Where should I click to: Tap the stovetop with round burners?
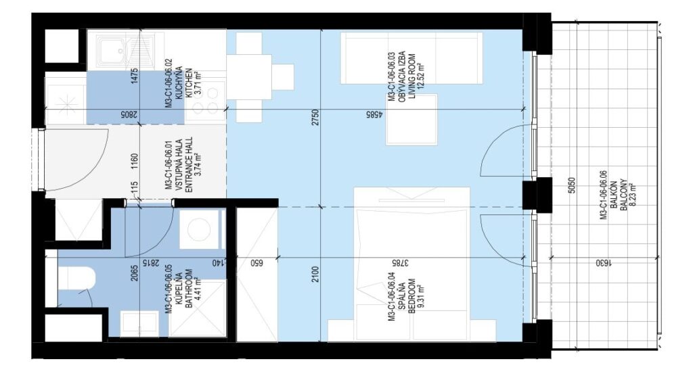(204, 101)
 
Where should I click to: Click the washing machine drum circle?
(200, 229)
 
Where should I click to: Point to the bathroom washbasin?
(139, 323)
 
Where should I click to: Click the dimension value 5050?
(571, 186)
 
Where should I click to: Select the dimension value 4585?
(374, 115)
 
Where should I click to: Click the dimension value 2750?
(315, 117)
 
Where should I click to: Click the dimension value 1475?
(135, 76)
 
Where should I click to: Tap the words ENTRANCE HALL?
(189, 164)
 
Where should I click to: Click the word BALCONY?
(623, 194)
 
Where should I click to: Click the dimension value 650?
(256, 263)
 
